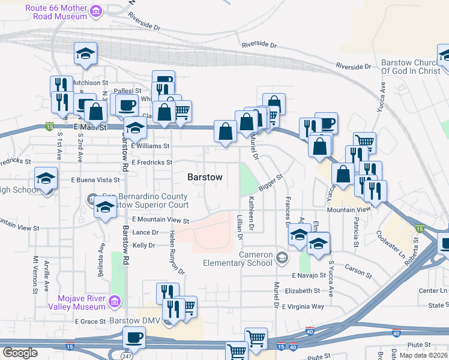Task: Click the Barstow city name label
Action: pyautogui.click(x=205, y=178)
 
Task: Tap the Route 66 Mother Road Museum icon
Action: pyautogui.click(x=95, y=11)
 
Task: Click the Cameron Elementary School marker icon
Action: pyautogui.click(x=282, y=259)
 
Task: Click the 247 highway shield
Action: pyautogui.click(x=125, y=355)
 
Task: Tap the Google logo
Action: pyautogui.click(x=20, y=353)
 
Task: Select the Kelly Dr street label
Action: pyautogui.click(x=144, y=245)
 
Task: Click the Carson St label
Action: pyautogui.click(x=358, y=271)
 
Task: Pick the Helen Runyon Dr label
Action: pyautogui.click(x=173, y=253)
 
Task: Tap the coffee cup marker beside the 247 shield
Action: pyautogui.click(x=134, y=338)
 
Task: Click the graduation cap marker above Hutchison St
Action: pyautogui.click(x=85, y=53)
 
